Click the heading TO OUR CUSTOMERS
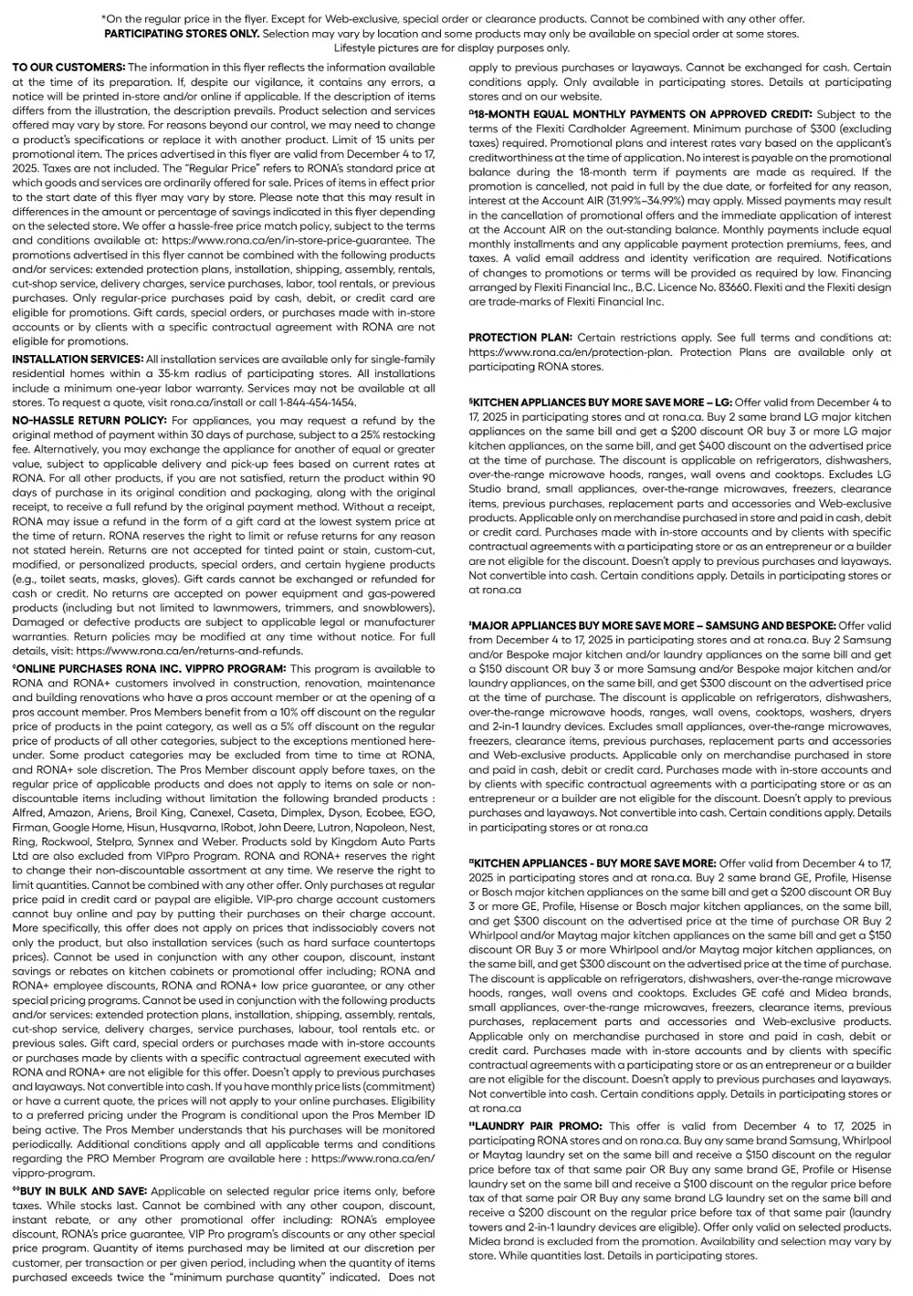pyautogui.click(x=68, y=68)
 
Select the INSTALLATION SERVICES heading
pyautogui.click(x=78, y=359)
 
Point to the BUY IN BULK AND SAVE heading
pyautogui.click(x=80, y=1191)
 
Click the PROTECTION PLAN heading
pyautogui.click(x=520, y=338)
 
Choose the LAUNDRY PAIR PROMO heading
pyautogui.click(x=537, y=1126)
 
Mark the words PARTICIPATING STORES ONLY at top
pyautogui.click(x=182, y=34)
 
